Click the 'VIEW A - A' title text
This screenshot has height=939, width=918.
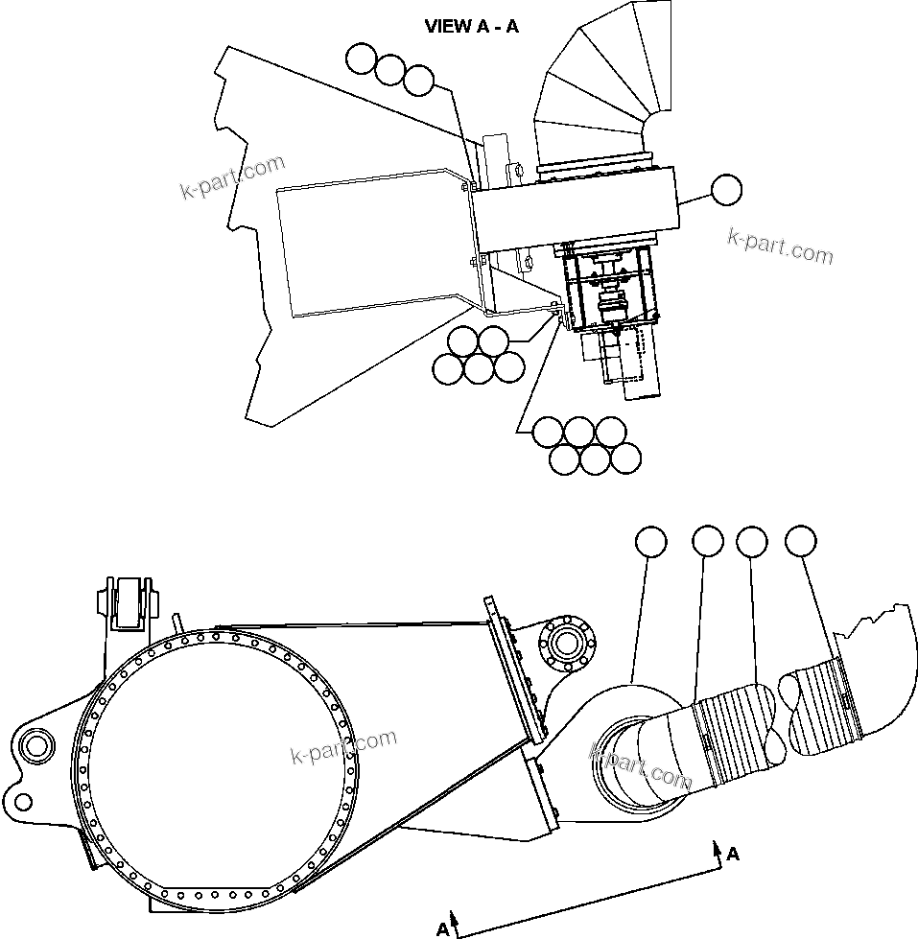point(471,27)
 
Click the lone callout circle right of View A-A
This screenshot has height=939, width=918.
point(726,190)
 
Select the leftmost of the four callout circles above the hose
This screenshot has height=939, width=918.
point(651,542)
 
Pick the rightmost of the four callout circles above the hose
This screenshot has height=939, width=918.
point(801,542)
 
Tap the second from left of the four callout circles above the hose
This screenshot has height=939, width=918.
point(707,542)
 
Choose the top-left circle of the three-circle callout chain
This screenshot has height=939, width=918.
point(362,59)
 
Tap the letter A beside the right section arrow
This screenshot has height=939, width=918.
point(733,854)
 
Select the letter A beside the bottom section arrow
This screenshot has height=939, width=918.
point(442,928)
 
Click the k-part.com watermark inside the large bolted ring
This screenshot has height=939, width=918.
point(343,747)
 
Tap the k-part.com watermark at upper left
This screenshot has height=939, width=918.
point(232,178)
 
